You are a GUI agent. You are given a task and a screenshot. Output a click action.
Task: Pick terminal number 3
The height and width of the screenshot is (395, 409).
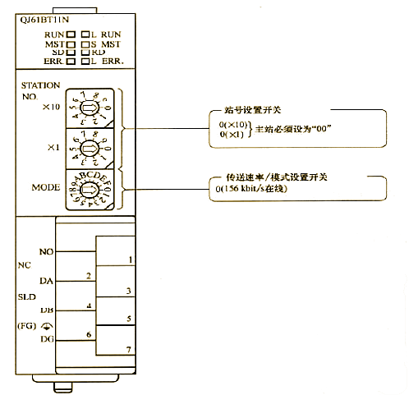coord(130,291)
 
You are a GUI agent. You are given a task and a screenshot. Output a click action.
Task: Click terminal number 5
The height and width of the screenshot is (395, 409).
coord(130,318)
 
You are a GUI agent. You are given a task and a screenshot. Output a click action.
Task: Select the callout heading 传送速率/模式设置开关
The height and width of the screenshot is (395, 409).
coord(273,177)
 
